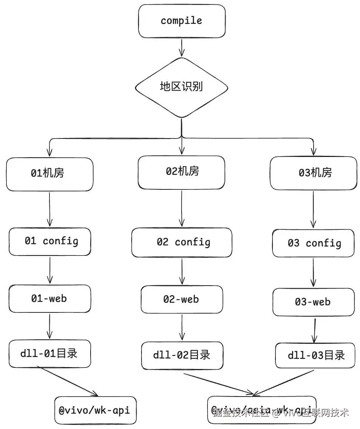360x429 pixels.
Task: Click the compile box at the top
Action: pyautogui.click(x=182, y=21)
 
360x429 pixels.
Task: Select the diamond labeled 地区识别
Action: pyautogui.click(x=182, y=87)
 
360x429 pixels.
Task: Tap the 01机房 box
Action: pyautogui.click(x=49, y=174)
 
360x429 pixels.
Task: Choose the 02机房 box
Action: pyautogui.click(x=182, y=172)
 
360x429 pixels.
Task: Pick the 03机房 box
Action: pyautogui.click(x=313, y=173)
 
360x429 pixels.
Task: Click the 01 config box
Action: pyautogui.click(x=50, y=241)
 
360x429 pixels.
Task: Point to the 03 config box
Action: pyautogui.click(x=313, y=243)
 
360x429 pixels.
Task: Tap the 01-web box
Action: pyautogui.click(x=50, y=298)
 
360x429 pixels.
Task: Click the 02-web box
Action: pyautogui.click(x=182, y=300)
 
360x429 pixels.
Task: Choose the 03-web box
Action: pyautogui.click(x=313, y=302)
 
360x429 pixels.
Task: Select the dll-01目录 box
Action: pyautogui.click(x=50, y=354)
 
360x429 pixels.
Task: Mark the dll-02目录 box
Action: pyautogui.click(x=182, y=355)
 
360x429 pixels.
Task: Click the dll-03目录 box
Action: pyautogui.click(x=315, y=355)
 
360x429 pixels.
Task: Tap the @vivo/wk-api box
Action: pyautogui.click(x=95, y=410)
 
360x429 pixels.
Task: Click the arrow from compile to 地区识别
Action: pyautogui.click(x=182, y=47)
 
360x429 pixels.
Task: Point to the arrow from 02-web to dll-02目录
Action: pyautogui.click(x=182, y=328)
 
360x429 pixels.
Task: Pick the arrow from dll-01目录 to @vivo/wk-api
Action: pyautogui.click(x=70, y=382)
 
